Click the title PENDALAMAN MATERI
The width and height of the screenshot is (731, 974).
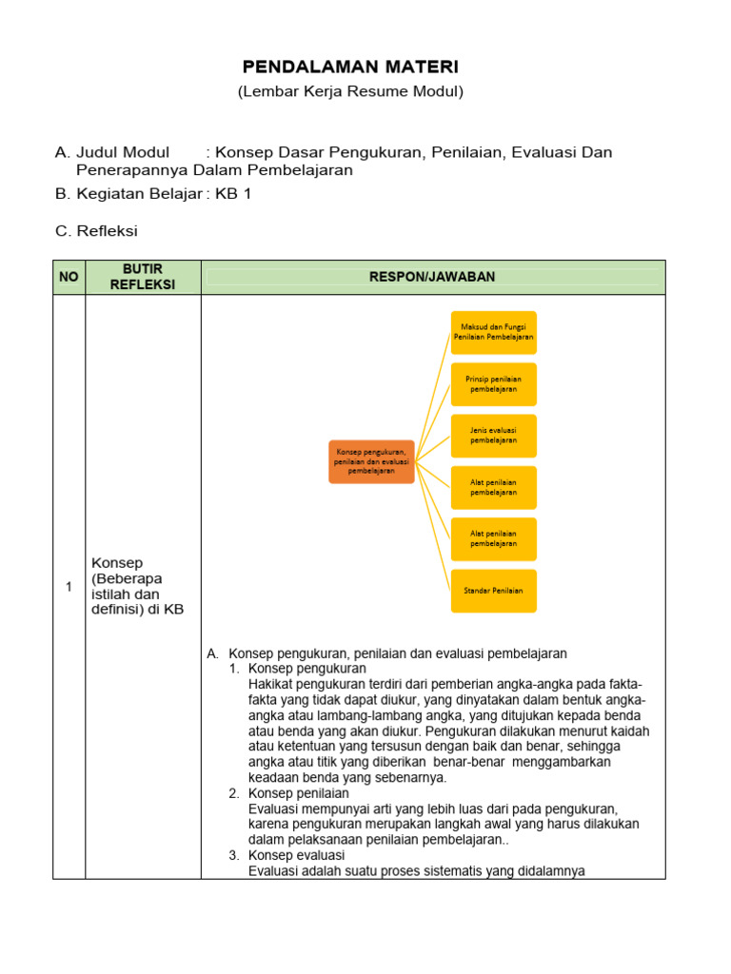349,67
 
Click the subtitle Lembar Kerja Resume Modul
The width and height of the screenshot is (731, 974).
349,91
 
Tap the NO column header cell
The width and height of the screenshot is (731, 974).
69,277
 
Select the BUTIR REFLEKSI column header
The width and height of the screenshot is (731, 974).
143,277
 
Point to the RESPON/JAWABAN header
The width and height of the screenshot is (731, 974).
433,277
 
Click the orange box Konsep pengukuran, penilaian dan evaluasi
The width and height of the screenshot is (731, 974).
371,461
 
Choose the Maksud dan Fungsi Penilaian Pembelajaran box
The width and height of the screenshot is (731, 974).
493,332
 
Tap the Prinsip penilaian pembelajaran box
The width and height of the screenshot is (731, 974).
493,384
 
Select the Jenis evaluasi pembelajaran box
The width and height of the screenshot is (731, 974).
493,436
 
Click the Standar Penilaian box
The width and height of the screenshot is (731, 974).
493,591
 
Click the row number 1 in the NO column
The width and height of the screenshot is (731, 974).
69,587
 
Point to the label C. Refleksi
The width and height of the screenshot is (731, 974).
97,230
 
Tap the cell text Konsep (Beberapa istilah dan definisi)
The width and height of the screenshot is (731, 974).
136,586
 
